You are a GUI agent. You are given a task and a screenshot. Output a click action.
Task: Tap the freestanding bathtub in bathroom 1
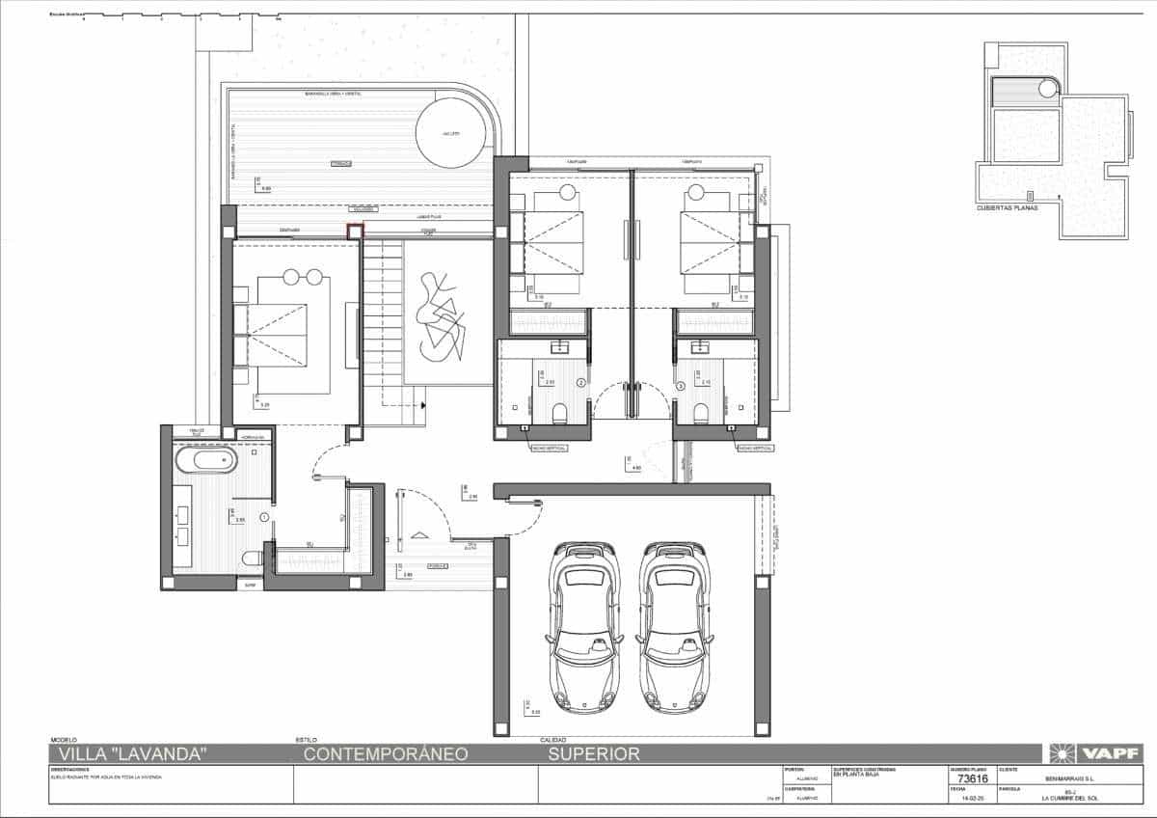205,459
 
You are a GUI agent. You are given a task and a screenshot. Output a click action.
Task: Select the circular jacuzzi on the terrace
450,132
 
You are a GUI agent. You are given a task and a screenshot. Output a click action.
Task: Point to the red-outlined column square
356,232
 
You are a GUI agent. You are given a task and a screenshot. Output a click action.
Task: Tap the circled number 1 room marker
264,518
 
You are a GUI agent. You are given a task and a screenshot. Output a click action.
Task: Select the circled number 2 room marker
580,383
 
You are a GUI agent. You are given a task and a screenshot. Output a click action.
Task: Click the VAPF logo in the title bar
1097,753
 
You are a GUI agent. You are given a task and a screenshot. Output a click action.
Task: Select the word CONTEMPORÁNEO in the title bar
386,754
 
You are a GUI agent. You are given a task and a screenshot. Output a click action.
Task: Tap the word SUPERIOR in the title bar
593,754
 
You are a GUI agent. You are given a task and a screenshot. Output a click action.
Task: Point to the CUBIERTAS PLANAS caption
1007,207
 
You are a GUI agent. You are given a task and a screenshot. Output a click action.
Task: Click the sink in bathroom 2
558,348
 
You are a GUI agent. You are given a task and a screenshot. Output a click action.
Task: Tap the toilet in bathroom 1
253,558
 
